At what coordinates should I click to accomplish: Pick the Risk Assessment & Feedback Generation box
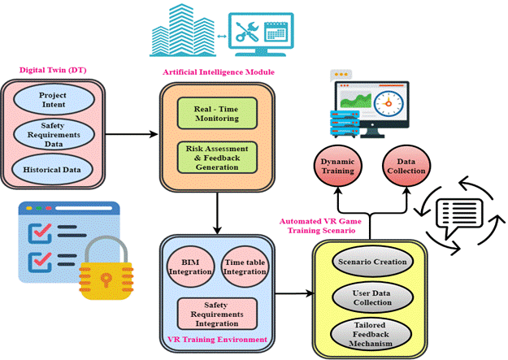[217, 156]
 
